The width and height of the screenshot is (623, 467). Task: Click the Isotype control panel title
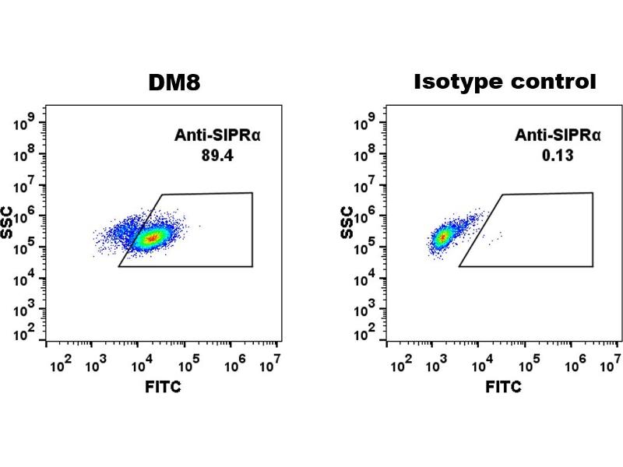pyautogui.click(x=505, y=82)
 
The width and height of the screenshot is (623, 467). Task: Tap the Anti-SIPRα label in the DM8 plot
pyautogui.click(x=217, y=135)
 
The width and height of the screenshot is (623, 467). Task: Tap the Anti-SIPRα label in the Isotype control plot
pyautogui.click(x=558, y=135)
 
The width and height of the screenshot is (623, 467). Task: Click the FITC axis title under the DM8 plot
pyautogui.click(x=164, y=387)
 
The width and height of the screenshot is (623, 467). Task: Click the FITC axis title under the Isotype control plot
pyautogui.click(x=505, y=387)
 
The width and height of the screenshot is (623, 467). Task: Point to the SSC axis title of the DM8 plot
pyautogui.click(x=14, y=225)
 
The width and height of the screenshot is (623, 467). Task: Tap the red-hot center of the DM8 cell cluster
pyautogui.click(x=152, y=237)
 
